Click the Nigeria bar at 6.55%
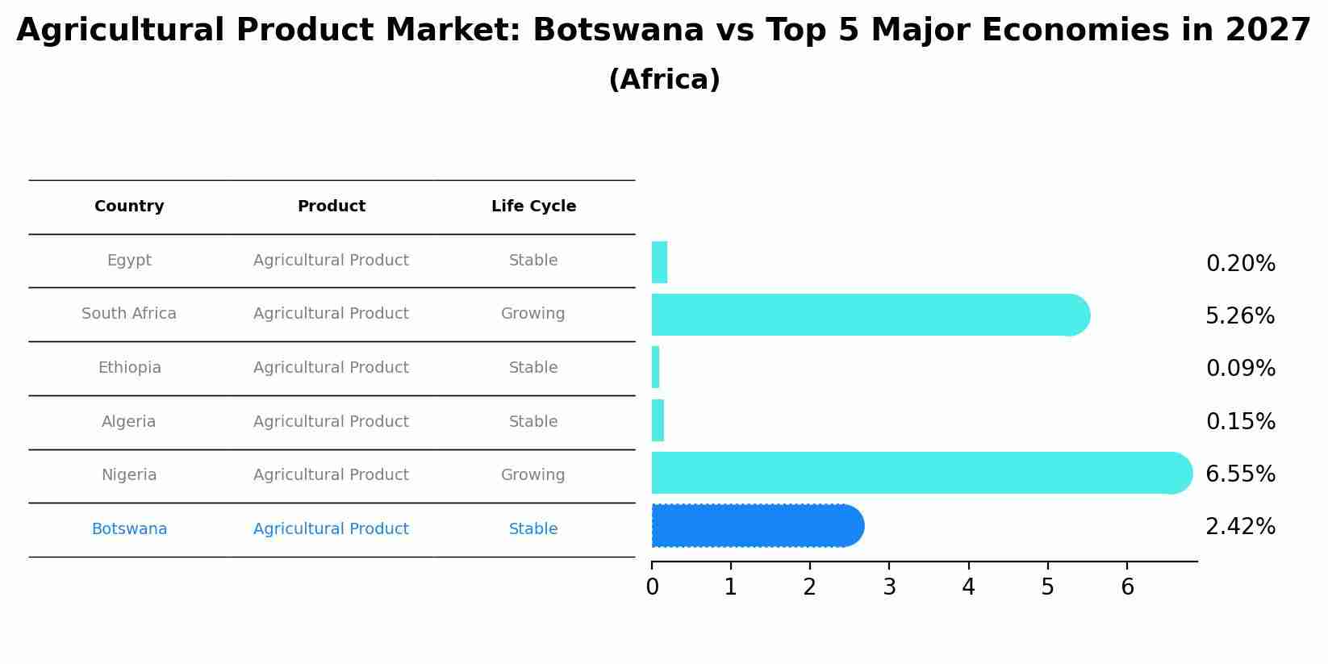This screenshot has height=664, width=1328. [920, 473]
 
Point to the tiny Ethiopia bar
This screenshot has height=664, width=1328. [656, 368]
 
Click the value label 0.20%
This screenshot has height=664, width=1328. [1240, 264]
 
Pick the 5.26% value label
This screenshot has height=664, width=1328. [1240, 316]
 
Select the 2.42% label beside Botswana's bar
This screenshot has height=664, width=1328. [1240, 527]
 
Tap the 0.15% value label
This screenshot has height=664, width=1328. [1240, 422]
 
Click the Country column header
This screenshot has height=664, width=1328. [129, 207]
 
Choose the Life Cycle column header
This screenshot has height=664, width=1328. [533, 207]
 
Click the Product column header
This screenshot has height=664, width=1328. [331, 207]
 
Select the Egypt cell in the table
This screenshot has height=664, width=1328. [129, 261]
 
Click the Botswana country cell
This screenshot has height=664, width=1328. [129, 529]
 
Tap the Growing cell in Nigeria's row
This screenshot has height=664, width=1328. [532, 475]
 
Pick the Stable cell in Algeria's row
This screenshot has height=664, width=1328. [532, 422]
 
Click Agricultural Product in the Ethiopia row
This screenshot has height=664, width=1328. [331, 368]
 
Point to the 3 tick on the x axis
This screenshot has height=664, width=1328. [889, 587]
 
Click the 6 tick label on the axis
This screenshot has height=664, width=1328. [1127, 587]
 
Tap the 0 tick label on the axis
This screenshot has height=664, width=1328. [652, 587]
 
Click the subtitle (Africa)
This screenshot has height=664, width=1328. [664, 80]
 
